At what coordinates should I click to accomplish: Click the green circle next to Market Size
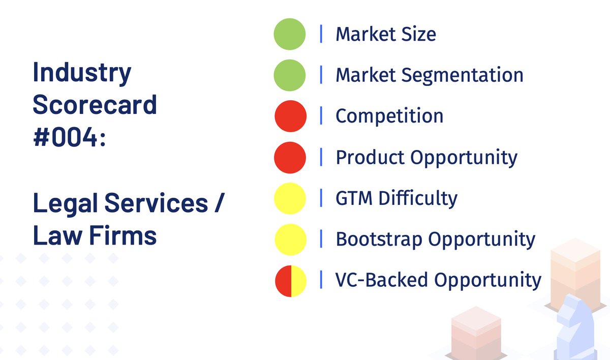(290, 34)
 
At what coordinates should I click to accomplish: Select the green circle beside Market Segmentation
(290, 75)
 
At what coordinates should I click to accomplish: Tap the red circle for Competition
(290, 116)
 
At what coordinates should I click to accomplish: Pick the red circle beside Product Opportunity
(290, 157)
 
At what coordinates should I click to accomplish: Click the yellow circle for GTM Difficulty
(290, 198)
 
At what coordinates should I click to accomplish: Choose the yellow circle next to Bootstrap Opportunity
(290, 239)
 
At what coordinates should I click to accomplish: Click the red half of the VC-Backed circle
(283, 280)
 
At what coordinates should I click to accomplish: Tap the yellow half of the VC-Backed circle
(298, 280)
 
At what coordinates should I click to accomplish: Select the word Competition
(389, 116)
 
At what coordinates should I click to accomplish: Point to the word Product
(370, 157)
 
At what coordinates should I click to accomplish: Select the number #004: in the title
(70, 138)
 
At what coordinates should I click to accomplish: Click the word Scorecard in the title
(95, 105)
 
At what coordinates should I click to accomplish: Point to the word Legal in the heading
(65, 204)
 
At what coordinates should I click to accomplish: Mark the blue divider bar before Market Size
(321, 34)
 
